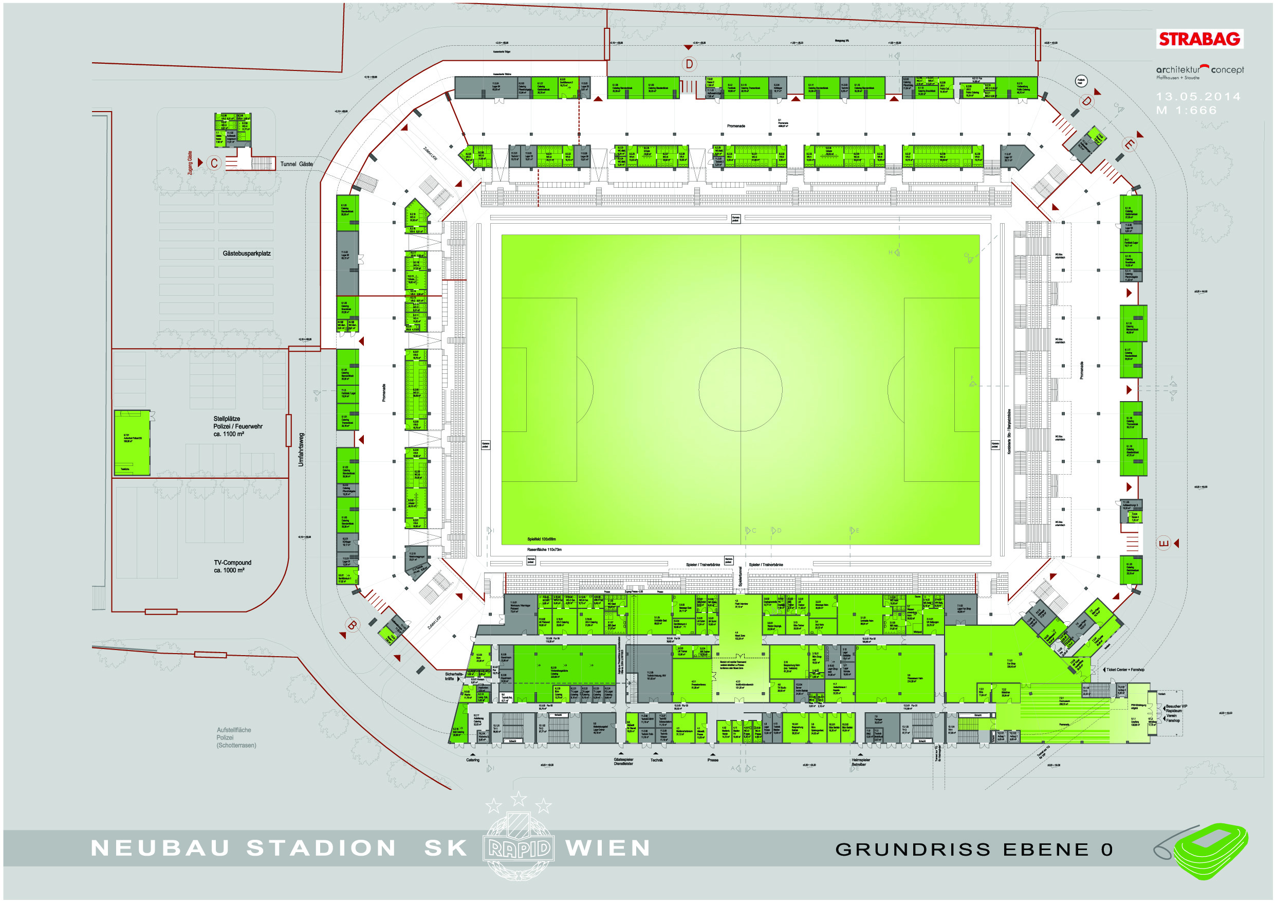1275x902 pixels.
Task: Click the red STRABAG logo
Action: pyautogui.click(x=1199, y=39)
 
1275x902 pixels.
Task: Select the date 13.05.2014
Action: pyautogui.click(x=1198, y=96)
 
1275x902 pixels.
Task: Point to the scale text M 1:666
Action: pyautogui.click(x=1186, y=110)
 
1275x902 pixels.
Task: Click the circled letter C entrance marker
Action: pyautogui.click(x=214, y=163)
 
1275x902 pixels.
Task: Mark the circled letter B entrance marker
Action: pyautogui.click(x=352, y=625)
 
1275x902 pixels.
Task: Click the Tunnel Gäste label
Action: pyautogui.click(x=296, y=164)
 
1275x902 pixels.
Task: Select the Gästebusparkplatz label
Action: pyautogui.click(x=247, y=254)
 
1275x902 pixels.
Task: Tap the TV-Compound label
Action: pyautogui.click(x=232, y=566)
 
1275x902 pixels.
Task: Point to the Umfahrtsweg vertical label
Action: pyautogui.click(x=301, y=449)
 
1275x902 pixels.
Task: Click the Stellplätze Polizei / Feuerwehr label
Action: pyautogui.click(x=237, y=426)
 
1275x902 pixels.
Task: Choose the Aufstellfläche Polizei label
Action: pyautogui.click(x=236, y=737)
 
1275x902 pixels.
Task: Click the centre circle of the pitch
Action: pyautogui.click(x=740, y=390)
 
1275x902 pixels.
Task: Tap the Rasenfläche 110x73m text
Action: pyautogui.click(x=544, y=549)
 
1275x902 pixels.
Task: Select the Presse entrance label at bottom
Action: pyautogui.click(x=712, y=760)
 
